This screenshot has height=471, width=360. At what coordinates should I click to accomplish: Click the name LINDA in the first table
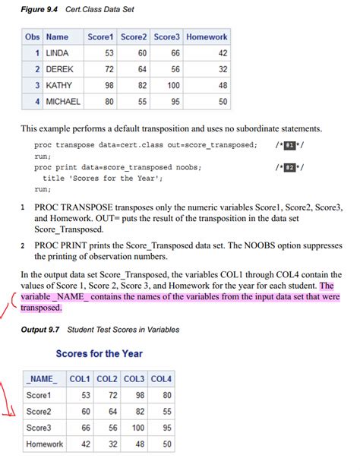(x=57, y=53)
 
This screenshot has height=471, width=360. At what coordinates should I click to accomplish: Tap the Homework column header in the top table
(x=206, y=36)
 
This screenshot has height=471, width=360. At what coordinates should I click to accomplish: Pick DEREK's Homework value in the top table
(x=222, y=69)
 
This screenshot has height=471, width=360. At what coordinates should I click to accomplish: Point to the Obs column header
(x=32, y=36)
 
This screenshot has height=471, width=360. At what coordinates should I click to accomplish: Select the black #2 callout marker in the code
(x=288, y=167)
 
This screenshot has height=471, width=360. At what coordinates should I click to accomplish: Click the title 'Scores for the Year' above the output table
(x=99, y=353)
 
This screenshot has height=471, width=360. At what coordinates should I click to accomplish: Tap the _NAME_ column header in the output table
(x=42, y=379)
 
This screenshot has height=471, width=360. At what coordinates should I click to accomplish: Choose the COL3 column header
(x=134, y=379)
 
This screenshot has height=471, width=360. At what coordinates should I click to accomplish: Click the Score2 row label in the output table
(x=39, y=411)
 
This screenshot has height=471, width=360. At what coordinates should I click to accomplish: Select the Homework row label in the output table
(x=44, y=444)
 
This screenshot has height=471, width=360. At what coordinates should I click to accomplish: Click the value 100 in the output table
(x=137, y=428)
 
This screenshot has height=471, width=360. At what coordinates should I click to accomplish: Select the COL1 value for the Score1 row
(x=87, y=395)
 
